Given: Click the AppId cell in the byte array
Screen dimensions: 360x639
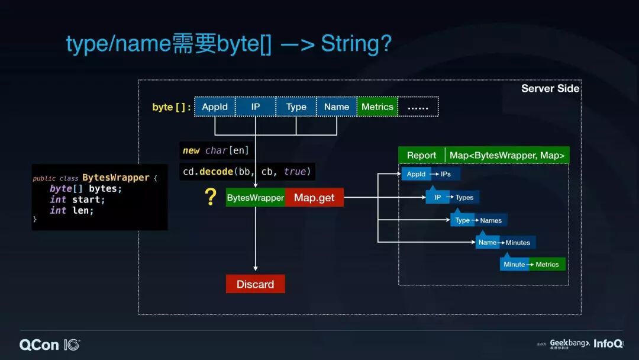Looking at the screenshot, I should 215,107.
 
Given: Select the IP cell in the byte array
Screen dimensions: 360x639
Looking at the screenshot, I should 256,107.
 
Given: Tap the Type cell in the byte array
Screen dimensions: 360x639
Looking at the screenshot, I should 296,107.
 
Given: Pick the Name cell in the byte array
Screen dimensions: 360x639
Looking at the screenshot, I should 337,107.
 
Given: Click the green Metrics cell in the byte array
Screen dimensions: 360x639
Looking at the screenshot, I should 377,107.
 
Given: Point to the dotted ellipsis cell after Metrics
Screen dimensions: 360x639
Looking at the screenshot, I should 418,107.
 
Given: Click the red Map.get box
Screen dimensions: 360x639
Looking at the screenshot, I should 314,198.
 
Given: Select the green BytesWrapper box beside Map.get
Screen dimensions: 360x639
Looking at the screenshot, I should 256,198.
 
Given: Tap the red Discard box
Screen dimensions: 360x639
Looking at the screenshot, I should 256,284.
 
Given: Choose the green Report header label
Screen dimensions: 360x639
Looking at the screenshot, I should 421,155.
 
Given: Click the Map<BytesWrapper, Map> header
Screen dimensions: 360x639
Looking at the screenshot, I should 507,155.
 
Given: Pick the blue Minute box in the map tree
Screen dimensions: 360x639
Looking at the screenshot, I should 514,264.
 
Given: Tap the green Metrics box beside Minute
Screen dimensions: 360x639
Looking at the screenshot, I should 547,264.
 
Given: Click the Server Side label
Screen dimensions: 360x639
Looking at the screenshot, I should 550,89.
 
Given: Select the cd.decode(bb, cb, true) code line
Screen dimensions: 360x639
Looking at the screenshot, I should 247,172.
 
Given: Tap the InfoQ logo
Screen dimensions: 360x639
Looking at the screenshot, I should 608,343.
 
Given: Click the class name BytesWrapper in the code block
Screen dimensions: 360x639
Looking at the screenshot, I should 115,178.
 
